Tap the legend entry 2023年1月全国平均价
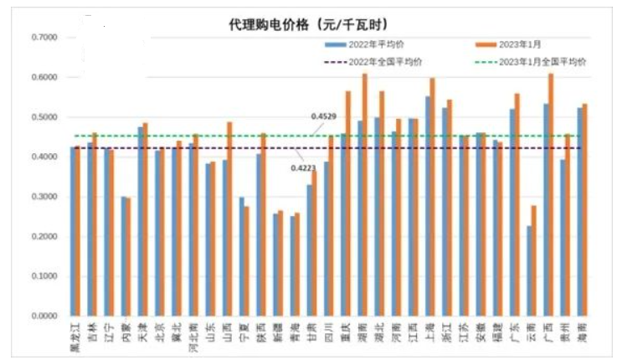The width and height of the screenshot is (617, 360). pos(542,62)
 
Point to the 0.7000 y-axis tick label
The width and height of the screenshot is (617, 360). pos(44,38)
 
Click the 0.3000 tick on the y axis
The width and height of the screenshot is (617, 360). pos(44,198)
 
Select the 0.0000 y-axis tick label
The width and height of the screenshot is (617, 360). pos(44,316)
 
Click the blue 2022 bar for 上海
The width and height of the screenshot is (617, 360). pos(427,206)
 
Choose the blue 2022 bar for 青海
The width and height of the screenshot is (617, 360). pos(291,266)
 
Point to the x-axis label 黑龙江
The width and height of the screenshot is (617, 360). pos(75,335)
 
